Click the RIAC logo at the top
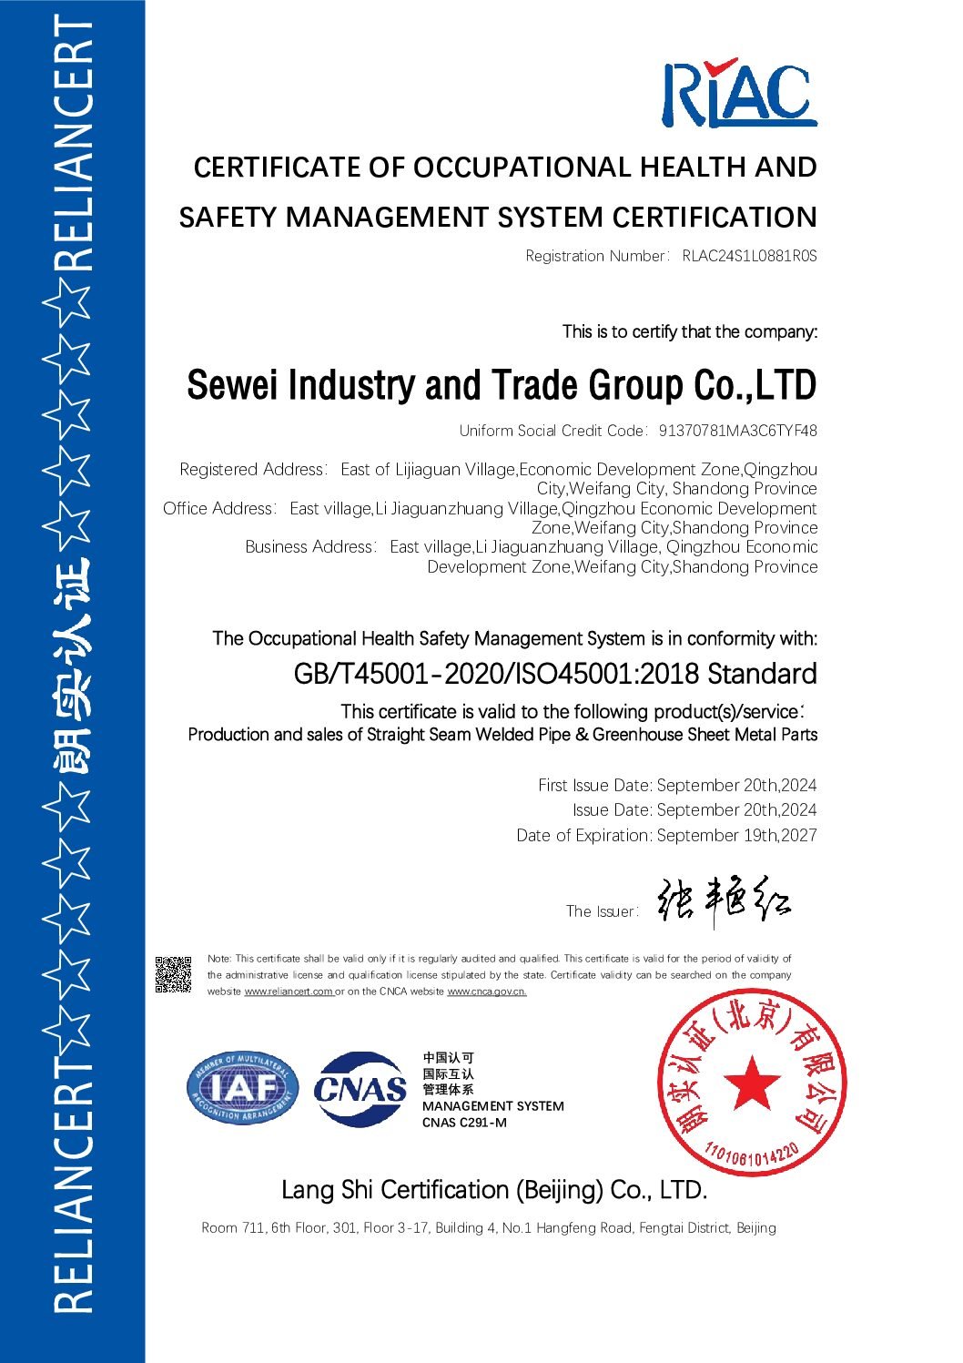(738, 93)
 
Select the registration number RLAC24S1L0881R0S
(749, 256)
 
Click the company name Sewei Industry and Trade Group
(502, 385)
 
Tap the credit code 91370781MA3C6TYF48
(737, 431)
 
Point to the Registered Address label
(251, 470)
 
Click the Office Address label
(218, 509)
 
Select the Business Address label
(309, 547)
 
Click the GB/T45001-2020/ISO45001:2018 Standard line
(555, 674)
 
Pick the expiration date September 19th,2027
(736, 835)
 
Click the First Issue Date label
(594, 785)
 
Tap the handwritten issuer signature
(724, 902)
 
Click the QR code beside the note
(173, 974)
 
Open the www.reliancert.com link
(289, 992)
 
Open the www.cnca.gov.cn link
(487, 992)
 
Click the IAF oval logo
(243, 1088)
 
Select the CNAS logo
(360, 1089)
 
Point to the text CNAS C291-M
(464, 1123)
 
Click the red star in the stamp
(752, 1083)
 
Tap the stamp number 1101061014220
(752, 1157)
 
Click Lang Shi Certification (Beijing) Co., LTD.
(493, 1190)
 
